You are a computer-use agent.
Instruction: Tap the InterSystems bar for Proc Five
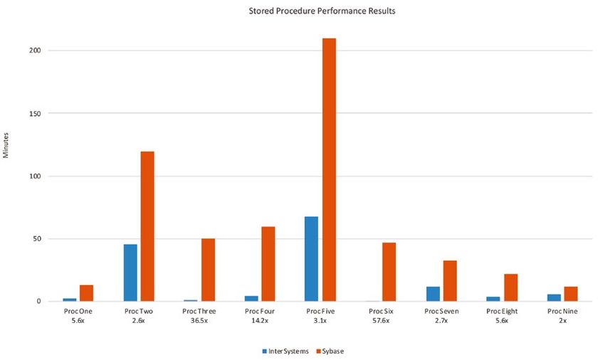(x=311, y=259)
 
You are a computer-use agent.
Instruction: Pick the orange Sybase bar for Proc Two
(x=147, y=226)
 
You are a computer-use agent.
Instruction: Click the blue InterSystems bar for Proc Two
(x=130, y=272)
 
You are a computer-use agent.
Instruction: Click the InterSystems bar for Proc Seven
(x=432, y=294)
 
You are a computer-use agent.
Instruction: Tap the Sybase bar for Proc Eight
(x=510, y=287)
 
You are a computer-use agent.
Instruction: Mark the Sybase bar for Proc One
(x=87, y=293)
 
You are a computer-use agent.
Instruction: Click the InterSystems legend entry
(x=285, y=351)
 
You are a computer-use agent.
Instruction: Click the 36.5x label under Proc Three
(x=199, y=321)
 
